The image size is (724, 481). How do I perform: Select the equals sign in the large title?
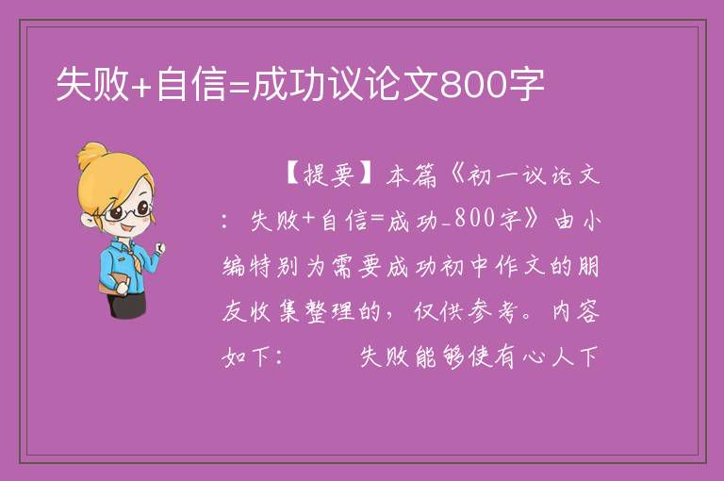click(x=239, y=86)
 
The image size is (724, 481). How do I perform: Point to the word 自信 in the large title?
click(x=191, y=84)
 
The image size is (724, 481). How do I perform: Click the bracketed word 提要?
click(x=329, y=176)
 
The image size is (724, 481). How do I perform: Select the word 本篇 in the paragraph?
click(x=410, y=176)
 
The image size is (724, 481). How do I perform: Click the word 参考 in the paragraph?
click(x=492, y=311)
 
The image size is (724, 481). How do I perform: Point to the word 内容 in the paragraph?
click(x=577, y=311)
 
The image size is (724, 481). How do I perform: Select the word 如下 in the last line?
click(x=246, y=357)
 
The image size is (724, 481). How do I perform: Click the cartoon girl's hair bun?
click(x=92, y=156)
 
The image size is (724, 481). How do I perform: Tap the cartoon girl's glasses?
click(x=128, y=211)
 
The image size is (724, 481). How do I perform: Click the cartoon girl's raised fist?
click(x=159, y=248)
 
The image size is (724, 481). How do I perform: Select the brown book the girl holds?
click(x=112, y=284)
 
